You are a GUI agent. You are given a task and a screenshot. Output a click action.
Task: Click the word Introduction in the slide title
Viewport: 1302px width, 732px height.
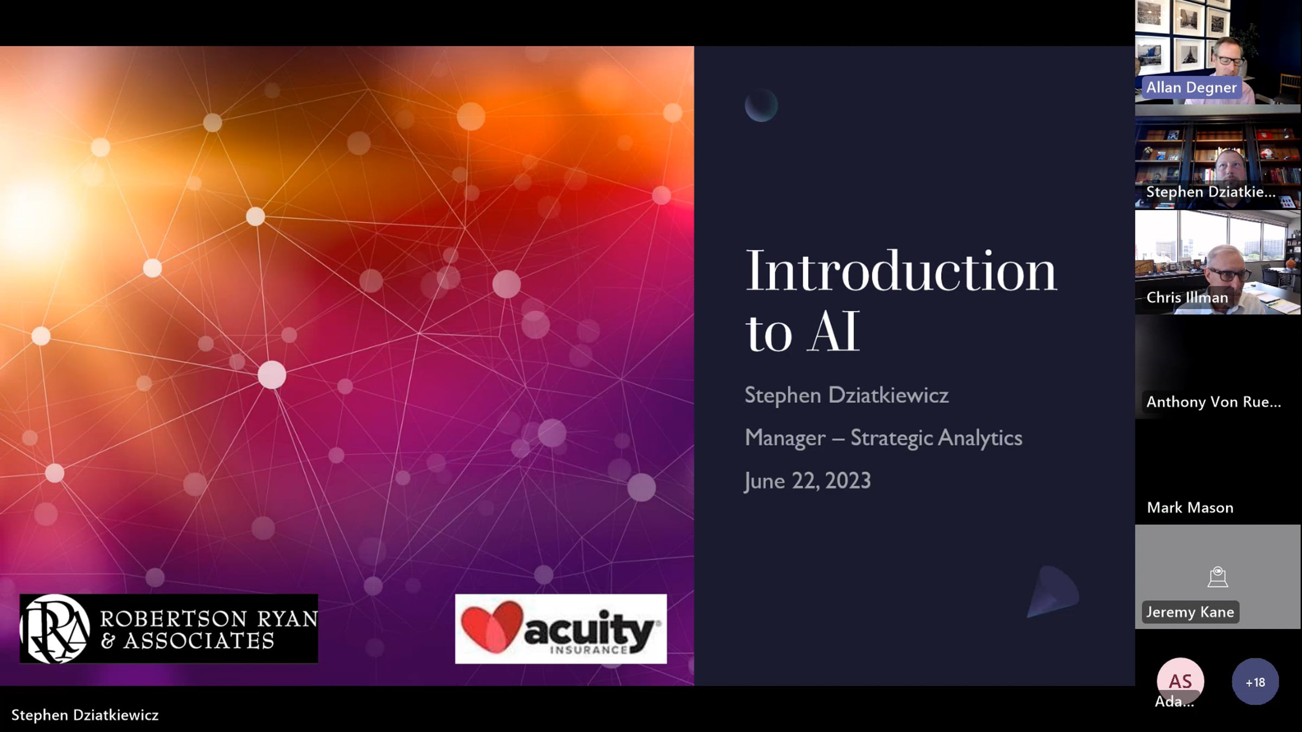tap(901, 271)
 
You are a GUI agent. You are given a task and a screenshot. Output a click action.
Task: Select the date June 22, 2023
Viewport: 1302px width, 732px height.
tap(807, 481)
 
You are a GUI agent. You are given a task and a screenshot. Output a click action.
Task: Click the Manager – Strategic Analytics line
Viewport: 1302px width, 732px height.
tap(883, 438)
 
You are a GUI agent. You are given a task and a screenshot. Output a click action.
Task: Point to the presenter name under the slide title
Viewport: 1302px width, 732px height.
tap(846, 395)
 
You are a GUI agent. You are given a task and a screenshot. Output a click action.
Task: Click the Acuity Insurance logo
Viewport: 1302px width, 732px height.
tap(560, 629)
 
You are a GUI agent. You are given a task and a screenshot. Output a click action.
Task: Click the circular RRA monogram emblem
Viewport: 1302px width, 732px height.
tap(55, 629)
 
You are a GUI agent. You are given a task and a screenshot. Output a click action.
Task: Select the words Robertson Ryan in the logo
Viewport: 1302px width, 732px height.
tap(209, 619)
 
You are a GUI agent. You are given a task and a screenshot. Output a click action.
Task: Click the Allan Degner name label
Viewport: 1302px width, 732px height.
tap(1191, 87)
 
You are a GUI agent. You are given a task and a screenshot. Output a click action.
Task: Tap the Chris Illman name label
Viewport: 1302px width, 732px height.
tap(1187, 297)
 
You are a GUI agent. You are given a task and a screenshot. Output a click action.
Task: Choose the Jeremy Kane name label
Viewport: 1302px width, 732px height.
tap(1190, 612)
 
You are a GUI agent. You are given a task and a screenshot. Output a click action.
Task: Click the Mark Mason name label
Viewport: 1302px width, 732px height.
tap(1190, 508)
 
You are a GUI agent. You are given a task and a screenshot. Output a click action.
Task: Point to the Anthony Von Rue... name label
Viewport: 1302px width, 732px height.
tap(1214, 402)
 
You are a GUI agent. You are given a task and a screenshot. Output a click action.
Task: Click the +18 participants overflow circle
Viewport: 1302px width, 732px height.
tap(1255, 682)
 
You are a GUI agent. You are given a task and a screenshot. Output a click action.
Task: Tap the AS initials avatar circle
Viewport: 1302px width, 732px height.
tap(1180, 680)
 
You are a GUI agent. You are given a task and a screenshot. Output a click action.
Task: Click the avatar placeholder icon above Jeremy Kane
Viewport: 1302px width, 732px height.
tap(1218, 577)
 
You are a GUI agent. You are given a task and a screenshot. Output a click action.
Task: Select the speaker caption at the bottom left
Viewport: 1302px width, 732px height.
tap(85, 715)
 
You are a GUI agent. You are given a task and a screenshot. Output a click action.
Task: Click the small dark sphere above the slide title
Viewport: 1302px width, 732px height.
tap(761, 105)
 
